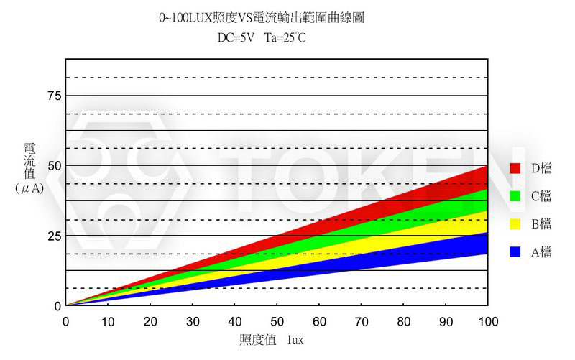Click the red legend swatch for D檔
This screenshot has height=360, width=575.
[x=515, y=168]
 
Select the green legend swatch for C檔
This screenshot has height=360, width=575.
[x=515, y=196]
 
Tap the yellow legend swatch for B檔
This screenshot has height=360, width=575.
[x=515, y=224]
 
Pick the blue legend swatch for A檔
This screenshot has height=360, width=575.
[x=515, y=252]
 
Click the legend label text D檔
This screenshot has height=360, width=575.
[x=541, y=168]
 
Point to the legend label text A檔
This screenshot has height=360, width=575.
[x=541, y=252]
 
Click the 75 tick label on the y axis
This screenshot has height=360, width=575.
[x=53, y=96]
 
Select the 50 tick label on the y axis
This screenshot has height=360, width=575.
[x=53, y=166]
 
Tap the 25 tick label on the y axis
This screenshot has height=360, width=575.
[x=53, y=236]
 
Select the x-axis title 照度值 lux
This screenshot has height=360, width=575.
[x=271, y=340]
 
